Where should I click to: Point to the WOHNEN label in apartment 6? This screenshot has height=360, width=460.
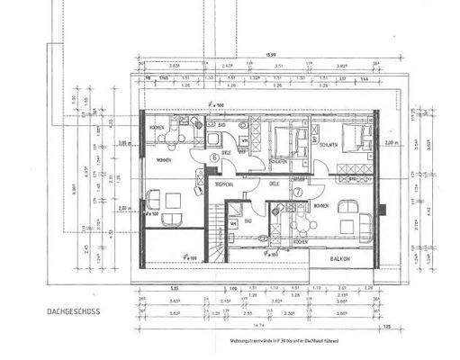164,160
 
